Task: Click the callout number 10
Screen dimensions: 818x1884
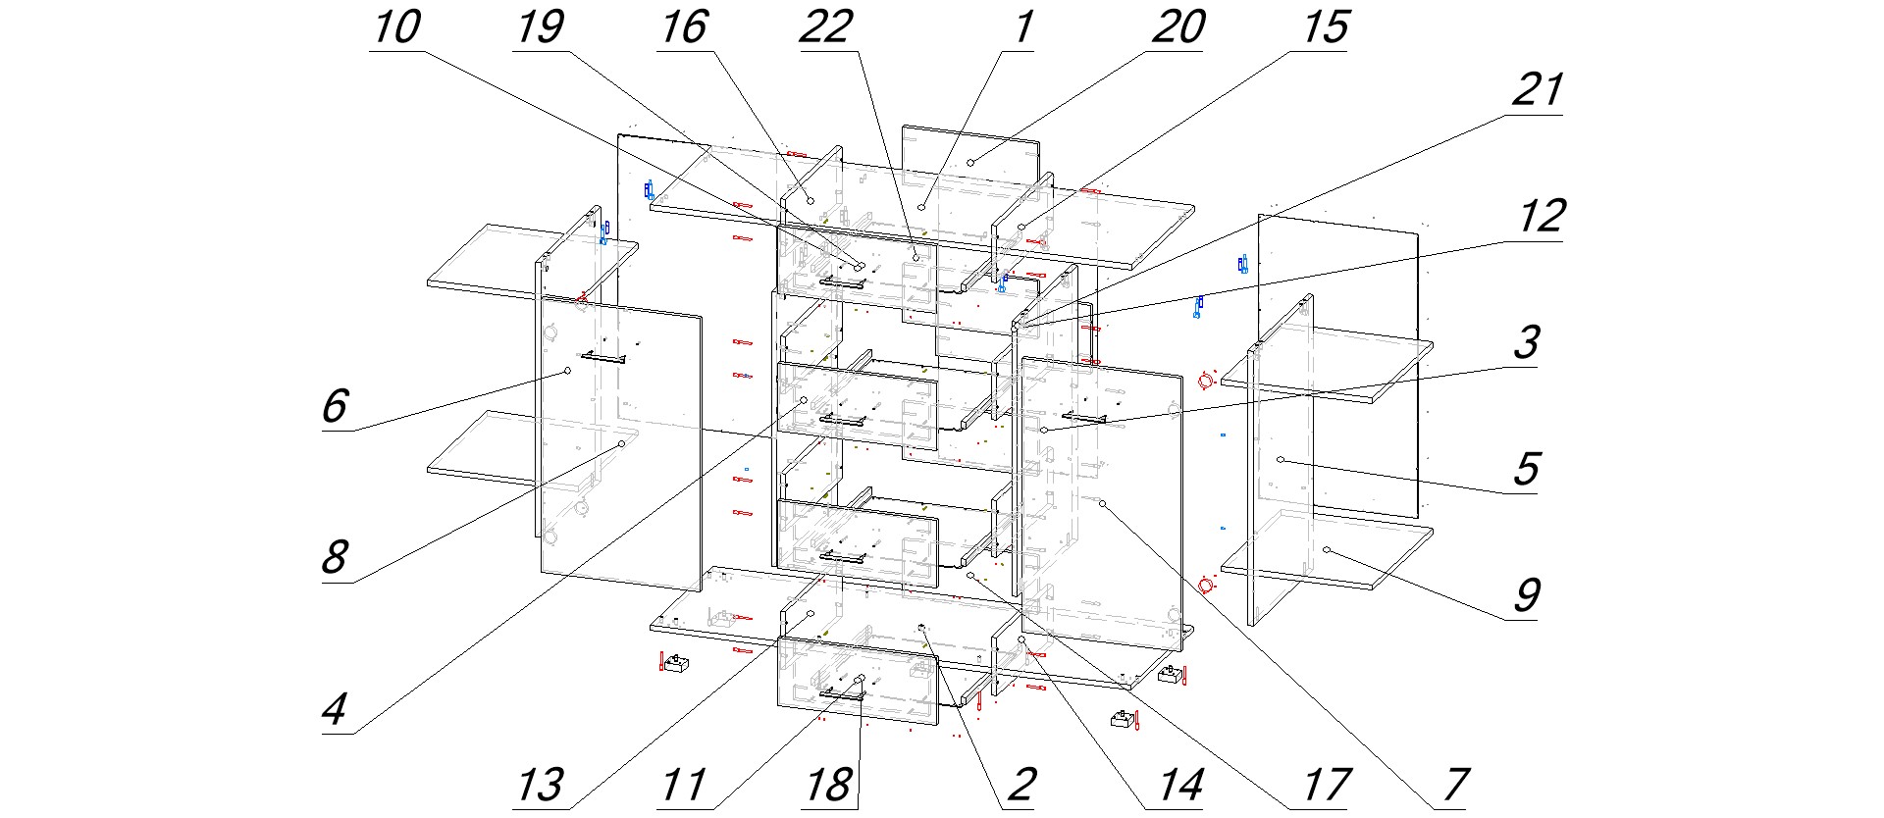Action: coord(396,27)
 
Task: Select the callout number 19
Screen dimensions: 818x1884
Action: coord(540,27)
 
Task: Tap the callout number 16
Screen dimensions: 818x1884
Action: coord(683,27)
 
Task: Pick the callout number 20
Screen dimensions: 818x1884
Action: coord(1177,27)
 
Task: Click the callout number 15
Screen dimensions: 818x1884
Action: coord(1325,27)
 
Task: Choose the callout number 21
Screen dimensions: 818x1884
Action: coord(1537,91)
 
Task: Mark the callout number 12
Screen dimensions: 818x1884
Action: coord(1541,216)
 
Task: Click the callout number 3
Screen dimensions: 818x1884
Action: coord(1526,342)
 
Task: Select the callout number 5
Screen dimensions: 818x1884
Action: coord(1526,469)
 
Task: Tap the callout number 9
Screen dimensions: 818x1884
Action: coord(1526,594)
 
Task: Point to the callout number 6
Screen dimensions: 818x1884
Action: coord(336,405)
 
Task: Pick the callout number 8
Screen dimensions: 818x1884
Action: coord(336,558)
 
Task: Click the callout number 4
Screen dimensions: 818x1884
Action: coord(336,709)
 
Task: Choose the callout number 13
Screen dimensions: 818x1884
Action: coord(540,785)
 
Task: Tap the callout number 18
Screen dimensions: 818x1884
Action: coord(827,785)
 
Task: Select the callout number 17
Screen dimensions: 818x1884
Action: coord(1326,785)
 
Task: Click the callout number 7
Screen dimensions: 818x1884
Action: coord(1455,785)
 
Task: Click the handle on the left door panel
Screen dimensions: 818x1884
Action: coord(602,358)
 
